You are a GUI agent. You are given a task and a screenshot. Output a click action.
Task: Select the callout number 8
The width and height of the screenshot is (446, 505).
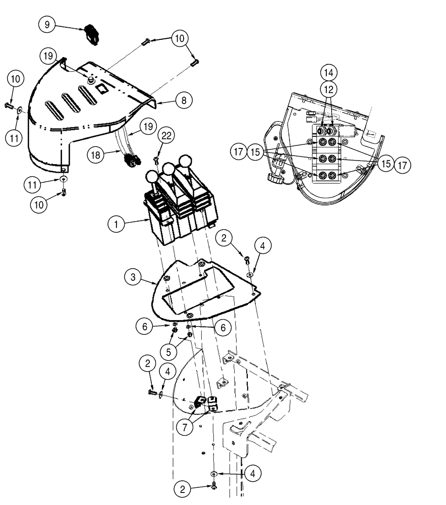pyautogui.click(x=184, y=100)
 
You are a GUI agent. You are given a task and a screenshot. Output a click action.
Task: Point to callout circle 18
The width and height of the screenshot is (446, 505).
pyautogui.click(x=95, y=155)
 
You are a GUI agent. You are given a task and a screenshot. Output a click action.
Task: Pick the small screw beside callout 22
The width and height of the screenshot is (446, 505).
pyautogui.click(x=156, y=160)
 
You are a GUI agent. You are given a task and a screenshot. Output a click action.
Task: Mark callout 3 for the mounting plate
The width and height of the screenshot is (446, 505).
pyautogui.click(x=133, y=277)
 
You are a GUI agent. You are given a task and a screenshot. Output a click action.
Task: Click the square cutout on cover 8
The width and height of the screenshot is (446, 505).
pyautogui.click(x=103, y=89)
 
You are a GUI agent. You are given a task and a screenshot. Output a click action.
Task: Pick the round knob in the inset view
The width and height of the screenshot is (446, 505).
pyautogui.click(x=275, y=178)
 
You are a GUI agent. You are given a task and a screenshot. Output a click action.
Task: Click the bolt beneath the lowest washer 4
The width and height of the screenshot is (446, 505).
pyautogui.click(x=214, y=485)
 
